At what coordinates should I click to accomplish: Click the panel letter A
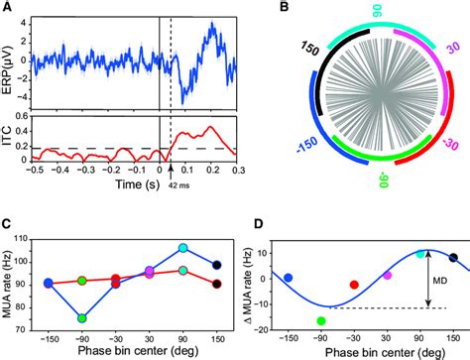point(7,7)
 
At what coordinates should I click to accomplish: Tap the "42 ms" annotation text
point(178,185)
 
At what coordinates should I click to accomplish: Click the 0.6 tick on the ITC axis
point(22,117)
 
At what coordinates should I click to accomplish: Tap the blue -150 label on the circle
point(308,146)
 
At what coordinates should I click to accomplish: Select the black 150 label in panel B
point(310,49)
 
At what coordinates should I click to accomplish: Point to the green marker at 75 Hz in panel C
point(82,318)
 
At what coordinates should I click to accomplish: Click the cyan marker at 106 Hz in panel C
point(182,248)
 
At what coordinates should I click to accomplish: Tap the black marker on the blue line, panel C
point(217,265)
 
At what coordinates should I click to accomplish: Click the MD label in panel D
point(439,282)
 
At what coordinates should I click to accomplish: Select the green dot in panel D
point(321,320)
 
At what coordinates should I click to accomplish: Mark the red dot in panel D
point(354,285)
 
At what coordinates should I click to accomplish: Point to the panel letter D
point(259,224)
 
